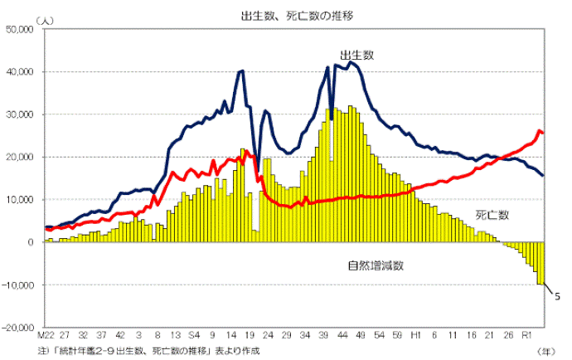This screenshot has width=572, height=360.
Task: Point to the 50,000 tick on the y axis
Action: click(x=18, y=29)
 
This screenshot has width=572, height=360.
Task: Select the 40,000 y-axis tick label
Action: click(x=18, y=72)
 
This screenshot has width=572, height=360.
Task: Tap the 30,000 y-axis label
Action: click(x=18, y=114)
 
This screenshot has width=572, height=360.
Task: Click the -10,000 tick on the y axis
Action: click(x=17, y=285)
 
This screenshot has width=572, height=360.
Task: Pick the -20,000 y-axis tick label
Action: click(x=17, y=328)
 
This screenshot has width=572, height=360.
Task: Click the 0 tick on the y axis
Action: click(x=29, y=242)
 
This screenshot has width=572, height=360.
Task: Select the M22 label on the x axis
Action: click(x=46, y=337)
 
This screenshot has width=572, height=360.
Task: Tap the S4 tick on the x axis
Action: click(x=193, y=337)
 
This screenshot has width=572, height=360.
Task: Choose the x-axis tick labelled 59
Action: click(x=396, y=337)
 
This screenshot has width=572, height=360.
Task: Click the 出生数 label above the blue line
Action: click(x=356, y=55)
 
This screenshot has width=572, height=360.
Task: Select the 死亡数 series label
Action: click(x=492, y=215)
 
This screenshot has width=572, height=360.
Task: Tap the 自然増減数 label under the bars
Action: click(x=375, y=266)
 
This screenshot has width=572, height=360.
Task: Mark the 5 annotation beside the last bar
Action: click(x=558, y=296)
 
